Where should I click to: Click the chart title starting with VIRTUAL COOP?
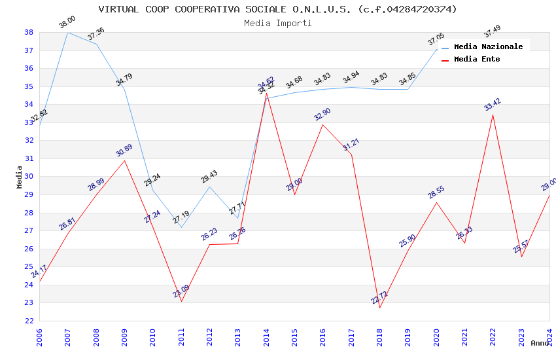[x=277, y=9]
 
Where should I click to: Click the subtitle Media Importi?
[x=277, y=23]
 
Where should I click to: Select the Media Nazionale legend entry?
[x=488, y=46]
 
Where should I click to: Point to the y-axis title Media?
[x=20, y=177]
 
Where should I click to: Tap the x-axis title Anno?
[x=540, y=343]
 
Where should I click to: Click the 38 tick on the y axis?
[x=29, y=32]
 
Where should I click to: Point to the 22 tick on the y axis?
[x=29, y=321]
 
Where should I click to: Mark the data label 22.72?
[x=379, y=297]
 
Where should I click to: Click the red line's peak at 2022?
[x=493, y=115]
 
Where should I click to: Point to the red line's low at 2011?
[x=181, y=301]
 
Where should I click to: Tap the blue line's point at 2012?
[x=209, y=187]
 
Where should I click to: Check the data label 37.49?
[x=492, y=31]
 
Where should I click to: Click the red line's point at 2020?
[x=436, y=202]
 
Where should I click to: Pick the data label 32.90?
[x=322, y=114]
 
